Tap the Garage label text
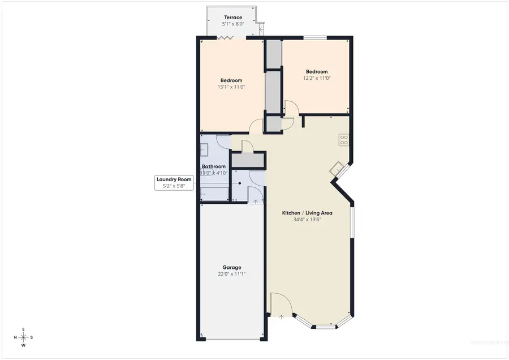pyautogui.click(x=231, y=267)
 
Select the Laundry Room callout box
pyautogui.click(x=175, y=182)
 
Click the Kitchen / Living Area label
pyautogui.click(x=307, y=213)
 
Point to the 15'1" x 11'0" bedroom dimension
pyautogui.click(x=231, y=87)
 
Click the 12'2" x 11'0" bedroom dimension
pyautogui.click(x=317, y=78)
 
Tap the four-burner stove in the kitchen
pyautogui.click(x=343, y=139)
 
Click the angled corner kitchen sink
pyautogui.click(x=337, y=168)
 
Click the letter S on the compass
pyautogui.click(x=32, y=337)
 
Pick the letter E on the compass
pyautogui.click(x=23, y=329)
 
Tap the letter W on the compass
pyautogui.click(x=23, y=345)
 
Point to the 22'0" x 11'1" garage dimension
pyautogui.click(x=231, y=274)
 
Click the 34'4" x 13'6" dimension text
pyautogui.click(x=307, y=220)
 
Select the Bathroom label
pyautogui.click(x=214, y=166)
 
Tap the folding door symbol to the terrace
pyautogui.click(x=227, y=38)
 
